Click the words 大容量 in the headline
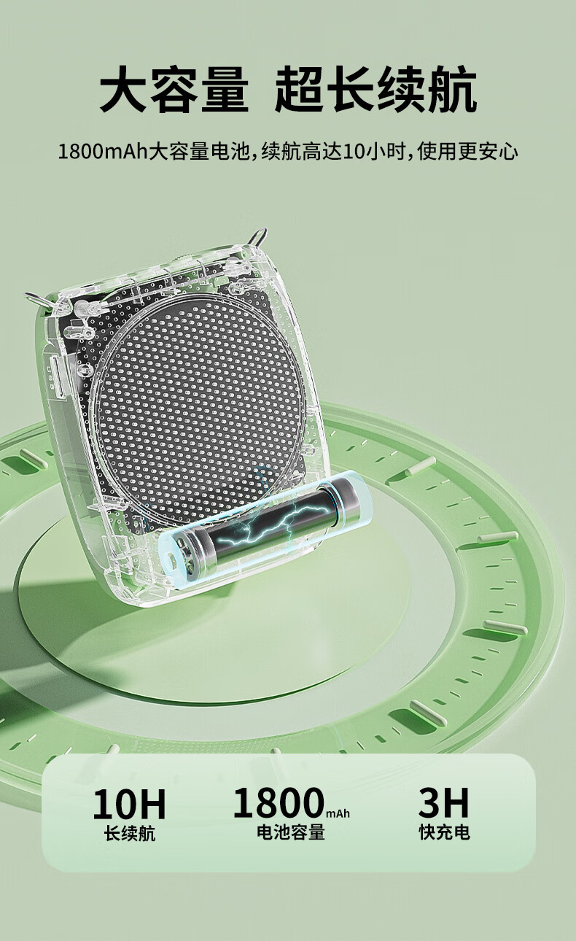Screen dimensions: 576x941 tap(174, 89)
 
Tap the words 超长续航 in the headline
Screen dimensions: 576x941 tap(376, 89)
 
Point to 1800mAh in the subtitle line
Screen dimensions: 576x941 tap(104, 151)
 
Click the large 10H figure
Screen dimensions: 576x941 tap(129, 805)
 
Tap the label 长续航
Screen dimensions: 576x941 tap(130, 834)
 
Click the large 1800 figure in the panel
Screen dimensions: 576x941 tap(279, 803)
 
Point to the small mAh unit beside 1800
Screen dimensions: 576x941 tap(338, 814)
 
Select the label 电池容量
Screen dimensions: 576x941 tap(291, 832)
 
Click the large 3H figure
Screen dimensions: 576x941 tap(443, 803)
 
